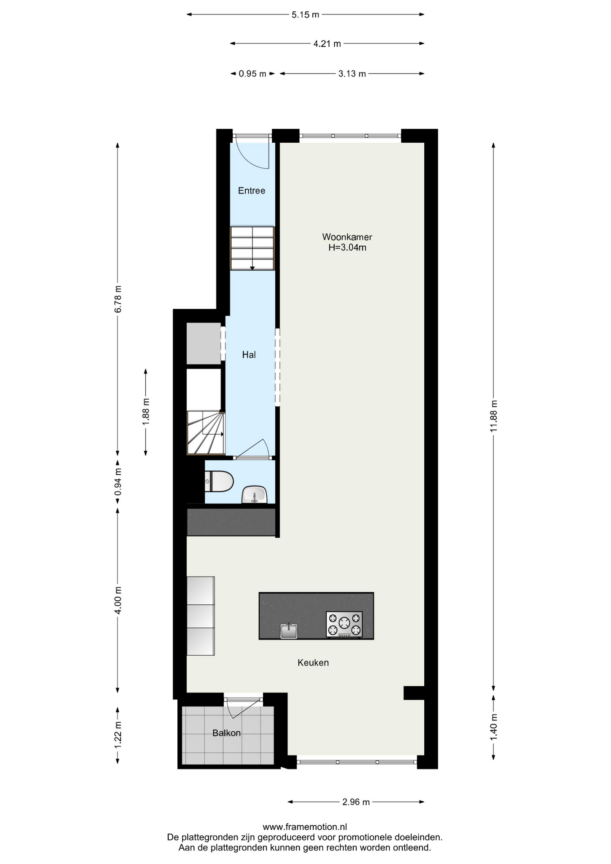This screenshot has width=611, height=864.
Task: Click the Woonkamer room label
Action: point(347,237)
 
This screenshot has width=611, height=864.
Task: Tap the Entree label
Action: point(252,191)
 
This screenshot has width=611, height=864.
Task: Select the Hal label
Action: point(249,355)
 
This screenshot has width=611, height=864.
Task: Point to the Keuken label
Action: point(313,662)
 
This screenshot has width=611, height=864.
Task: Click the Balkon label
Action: point(226,733)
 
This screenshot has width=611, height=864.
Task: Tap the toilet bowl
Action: point(219,481)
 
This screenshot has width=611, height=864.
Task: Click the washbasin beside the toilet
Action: point(254,495)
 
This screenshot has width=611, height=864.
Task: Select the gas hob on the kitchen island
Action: point(344,624)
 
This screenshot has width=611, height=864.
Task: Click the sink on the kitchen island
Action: point(289,630)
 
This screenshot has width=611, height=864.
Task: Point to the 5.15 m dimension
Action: point(305,15)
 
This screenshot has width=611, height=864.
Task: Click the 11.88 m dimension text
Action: point(494,416)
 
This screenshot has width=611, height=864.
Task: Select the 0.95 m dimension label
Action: point(252,74)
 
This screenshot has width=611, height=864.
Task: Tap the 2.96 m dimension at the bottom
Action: point(356,802)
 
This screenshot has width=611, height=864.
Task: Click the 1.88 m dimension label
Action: point(145,412)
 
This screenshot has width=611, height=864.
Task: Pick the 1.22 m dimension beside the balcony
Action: point(117,735)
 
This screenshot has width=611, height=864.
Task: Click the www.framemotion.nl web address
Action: point(305,827)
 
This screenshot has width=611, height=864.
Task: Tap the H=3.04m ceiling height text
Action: point(347,247)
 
